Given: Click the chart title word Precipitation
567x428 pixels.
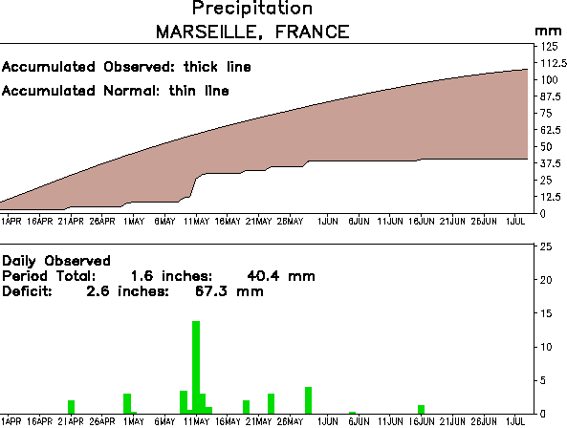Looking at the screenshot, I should [252, 9].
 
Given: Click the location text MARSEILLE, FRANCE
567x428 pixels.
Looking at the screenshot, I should [252, 32].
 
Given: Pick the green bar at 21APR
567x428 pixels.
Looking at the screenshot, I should [71, 407].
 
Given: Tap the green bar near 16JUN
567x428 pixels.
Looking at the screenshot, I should [421, 409].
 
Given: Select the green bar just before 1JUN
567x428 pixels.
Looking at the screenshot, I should [308, 400].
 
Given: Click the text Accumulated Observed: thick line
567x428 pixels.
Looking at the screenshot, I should [126, 68].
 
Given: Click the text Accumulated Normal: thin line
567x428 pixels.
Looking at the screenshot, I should [116, 91].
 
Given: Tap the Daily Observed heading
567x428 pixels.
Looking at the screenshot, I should [56, 260].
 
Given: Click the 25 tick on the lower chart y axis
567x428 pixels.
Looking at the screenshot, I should [546, 246].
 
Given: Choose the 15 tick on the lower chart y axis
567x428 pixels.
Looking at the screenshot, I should [546, 313].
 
